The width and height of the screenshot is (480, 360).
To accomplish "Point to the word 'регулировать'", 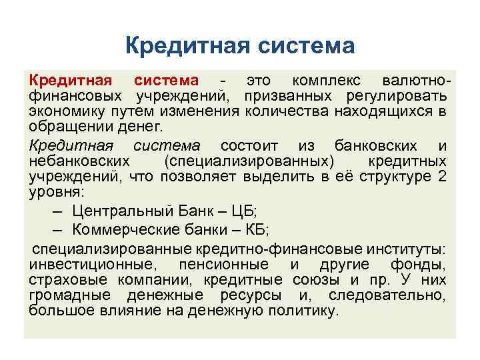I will (399, 96).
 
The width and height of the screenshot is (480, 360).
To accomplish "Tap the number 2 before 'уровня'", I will (443, 176).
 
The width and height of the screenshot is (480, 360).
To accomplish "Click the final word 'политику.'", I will (302, 310).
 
